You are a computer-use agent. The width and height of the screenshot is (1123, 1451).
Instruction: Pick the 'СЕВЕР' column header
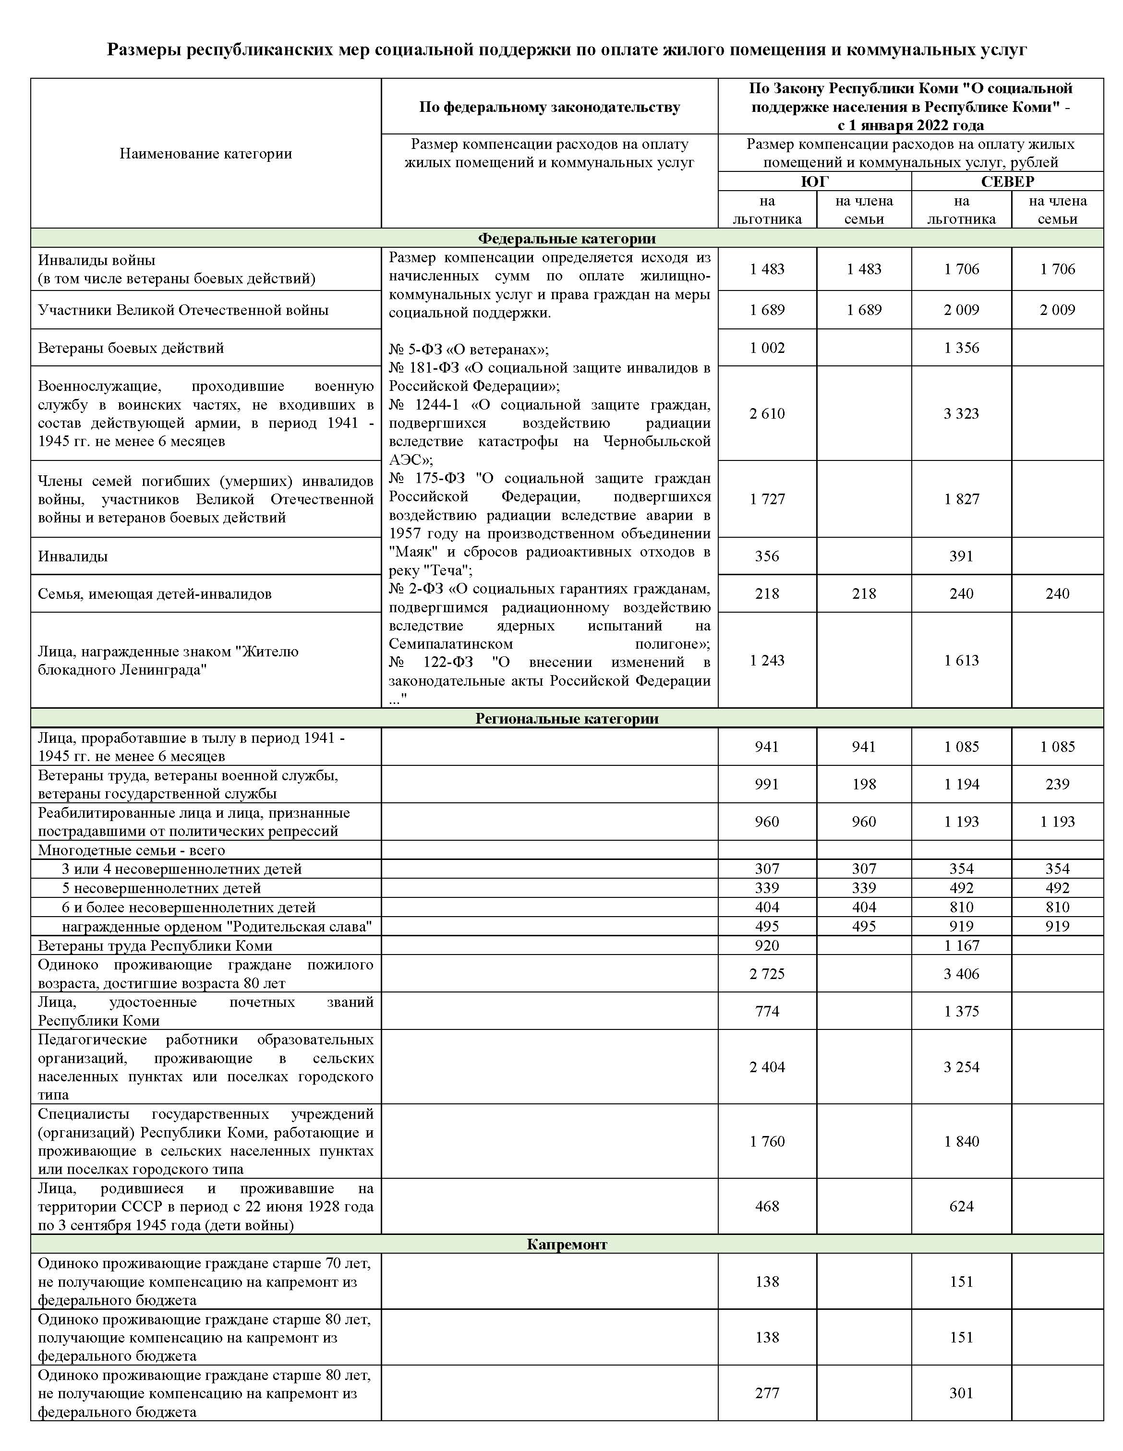1007,181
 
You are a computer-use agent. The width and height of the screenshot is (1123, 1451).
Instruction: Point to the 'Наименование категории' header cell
205,154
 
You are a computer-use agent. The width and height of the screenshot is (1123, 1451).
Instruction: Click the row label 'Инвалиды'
73,556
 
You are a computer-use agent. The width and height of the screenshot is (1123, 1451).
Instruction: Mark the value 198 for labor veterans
863,784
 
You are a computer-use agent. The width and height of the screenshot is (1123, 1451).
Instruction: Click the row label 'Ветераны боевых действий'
131,348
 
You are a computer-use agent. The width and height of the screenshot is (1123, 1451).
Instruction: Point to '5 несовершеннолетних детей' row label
161,888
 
